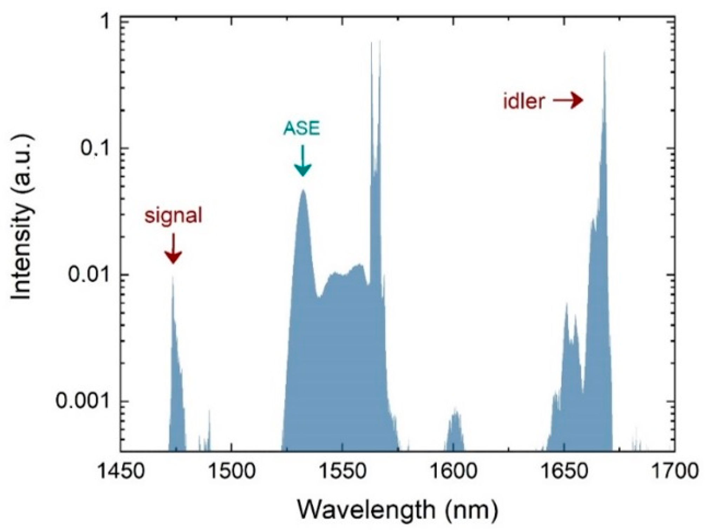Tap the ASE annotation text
(302, 128)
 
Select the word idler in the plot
(524, 101)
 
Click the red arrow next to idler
(568, 101)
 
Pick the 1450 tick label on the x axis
(121, 471)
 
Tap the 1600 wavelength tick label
(453, 471)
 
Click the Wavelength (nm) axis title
(398, 510)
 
